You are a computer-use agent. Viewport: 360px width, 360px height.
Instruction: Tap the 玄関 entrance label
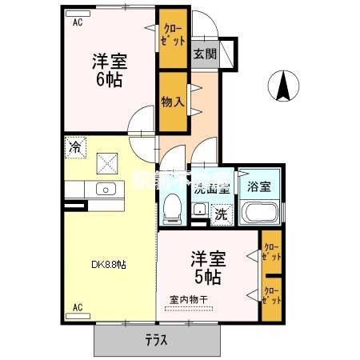click(x=204, y=54)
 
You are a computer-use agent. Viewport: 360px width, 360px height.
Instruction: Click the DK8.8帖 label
click(x=107, y=265)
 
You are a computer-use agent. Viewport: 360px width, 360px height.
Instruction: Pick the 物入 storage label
click(x=172, y=102)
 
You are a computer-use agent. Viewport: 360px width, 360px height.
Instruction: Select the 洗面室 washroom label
click(x=212, y=190)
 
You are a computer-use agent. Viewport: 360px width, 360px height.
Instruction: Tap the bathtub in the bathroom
click(x=259, y=214)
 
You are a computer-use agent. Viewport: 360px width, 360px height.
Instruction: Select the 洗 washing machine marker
click(x=222, y=214)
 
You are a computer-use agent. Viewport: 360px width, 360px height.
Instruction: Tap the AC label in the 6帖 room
click(x=78, y=24)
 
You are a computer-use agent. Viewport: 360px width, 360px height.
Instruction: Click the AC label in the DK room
click(x=78, y=307)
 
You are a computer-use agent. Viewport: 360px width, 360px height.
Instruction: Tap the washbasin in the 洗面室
click(x=198, y=210)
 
